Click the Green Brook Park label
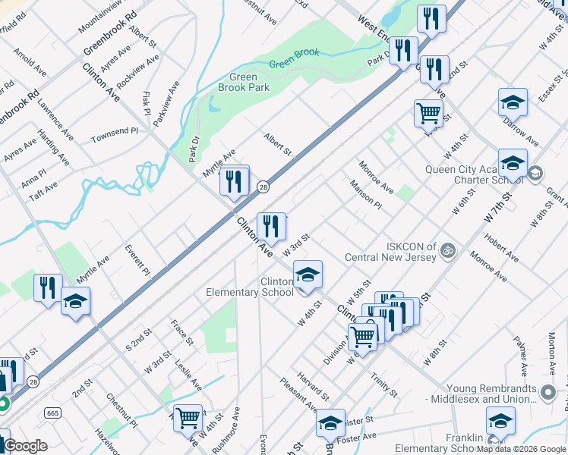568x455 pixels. (x=243, y=83)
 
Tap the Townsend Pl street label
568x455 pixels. (x=115, y=135)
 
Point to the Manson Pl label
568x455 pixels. (x=366, y=194)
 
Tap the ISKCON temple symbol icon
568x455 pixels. (x=448, y=248)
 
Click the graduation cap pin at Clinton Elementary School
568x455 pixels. (x=308, y=276)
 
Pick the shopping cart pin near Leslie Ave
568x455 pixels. (x=188, y=417)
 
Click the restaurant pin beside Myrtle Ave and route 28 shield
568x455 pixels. (x=234, y=181)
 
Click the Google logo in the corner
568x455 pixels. (x=26, y=447)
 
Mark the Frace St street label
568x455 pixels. (x=181, y=333)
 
